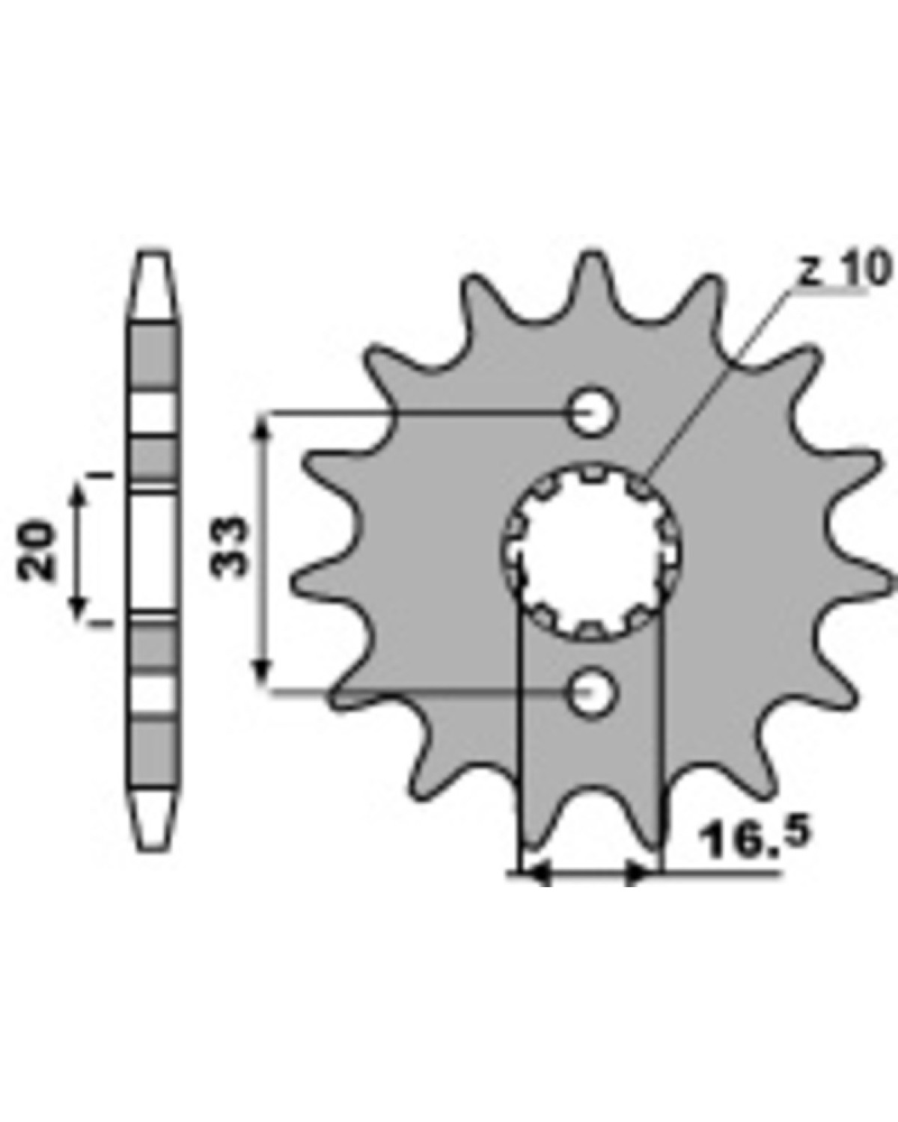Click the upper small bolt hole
coord(591,413)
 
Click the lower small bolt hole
coord(591,693)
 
